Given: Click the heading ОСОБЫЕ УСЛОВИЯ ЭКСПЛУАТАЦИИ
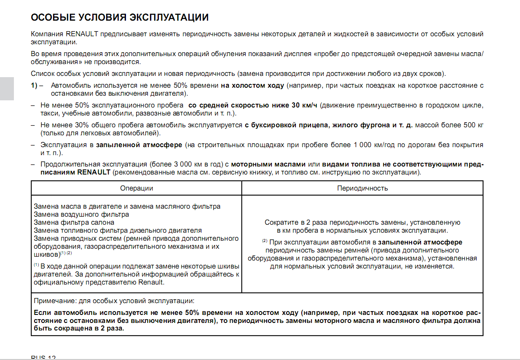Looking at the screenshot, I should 120,18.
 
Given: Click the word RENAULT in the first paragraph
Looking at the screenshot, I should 82,34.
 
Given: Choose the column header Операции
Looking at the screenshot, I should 136,188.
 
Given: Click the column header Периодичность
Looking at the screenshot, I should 362,188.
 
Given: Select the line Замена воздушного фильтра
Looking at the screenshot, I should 81,215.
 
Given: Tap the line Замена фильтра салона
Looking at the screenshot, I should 74,223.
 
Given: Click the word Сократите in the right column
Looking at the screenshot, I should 281,222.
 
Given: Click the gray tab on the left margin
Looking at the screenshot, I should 7,89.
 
